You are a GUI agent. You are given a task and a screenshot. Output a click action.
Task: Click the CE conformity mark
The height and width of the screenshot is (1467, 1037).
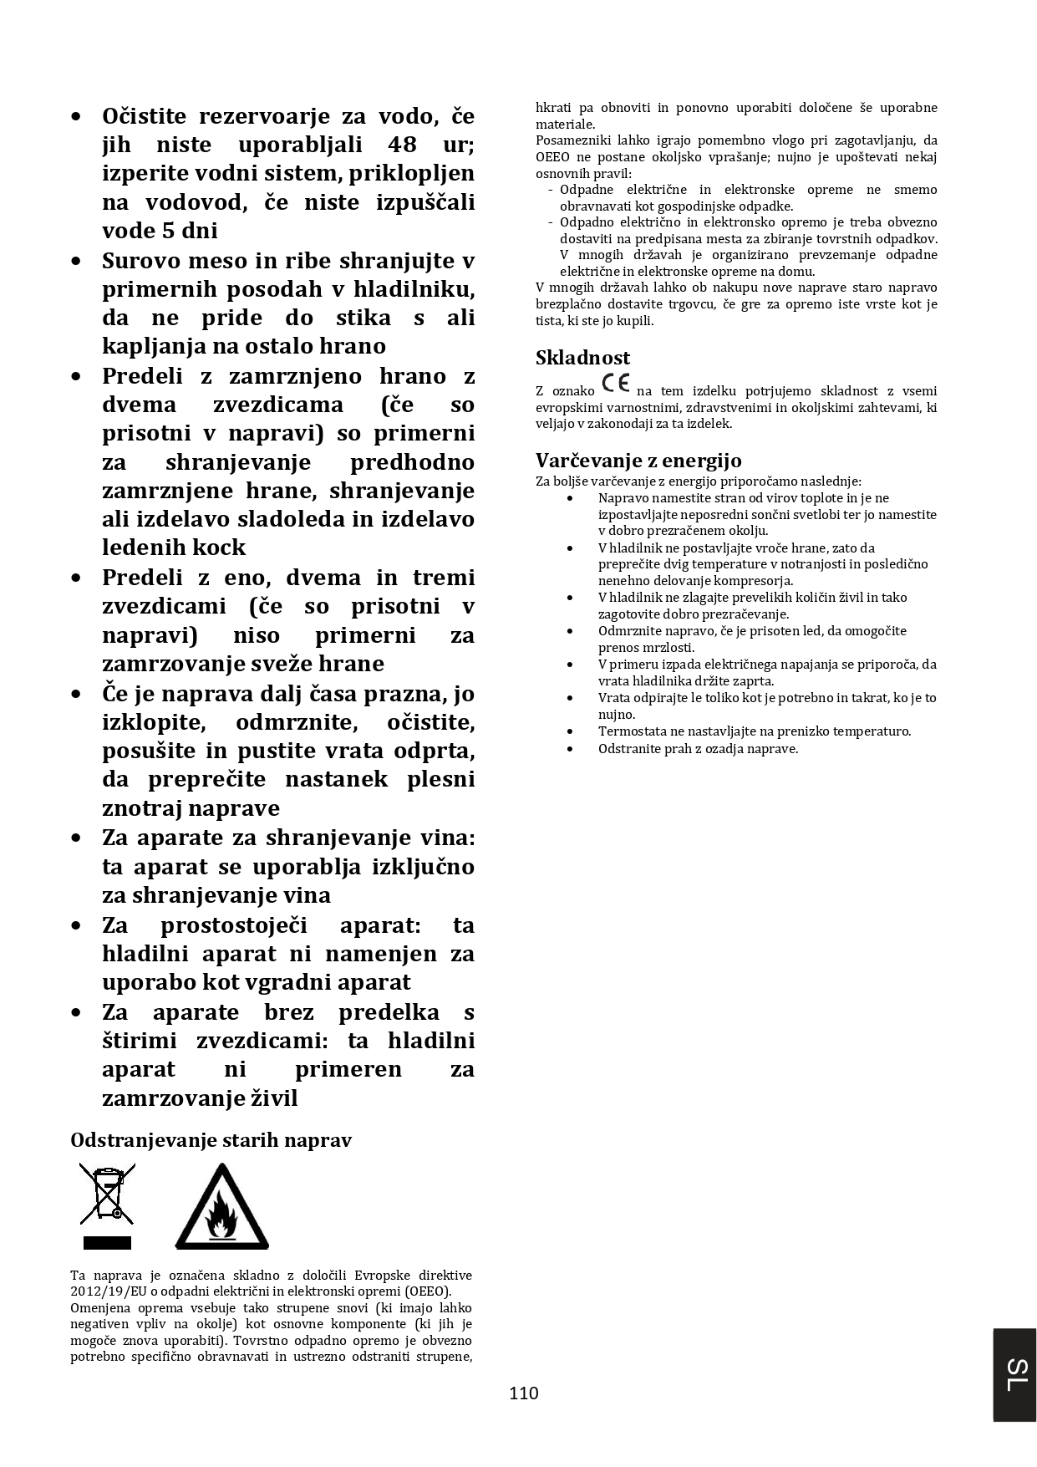coord(616,385)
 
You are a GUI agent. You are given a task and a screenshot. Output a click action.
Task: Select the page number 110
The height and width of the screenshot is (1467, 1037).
coord(524,1393)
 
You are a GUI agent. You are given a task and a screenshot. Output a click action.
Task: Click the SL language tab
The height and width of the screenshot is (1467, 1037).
coord(1015,1374)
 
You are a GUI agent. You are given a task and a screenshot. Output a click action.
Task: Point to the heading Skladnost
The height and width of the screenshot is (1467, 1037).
coord(582,358)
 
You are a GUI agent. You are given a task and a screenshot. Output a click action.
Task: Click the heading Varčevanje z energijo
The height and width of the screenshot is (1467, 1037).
coord(638,460)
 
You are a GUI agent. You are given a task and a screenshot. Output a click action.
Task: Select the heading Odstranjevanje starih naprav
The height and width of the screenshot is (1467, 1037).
coord(211,1140)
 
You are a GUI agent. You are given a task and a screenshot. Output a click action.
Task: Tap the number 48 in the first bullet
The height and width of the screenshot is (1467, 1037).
coord(402,144)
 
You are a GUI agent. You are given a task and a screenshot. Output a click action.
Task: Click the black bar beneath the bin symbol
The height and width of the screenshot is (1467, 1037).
coord(107,1242)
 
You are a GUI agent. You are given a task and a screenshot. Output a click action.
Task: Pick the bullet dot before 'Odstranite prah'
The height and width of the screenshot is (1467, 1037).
coord(570,748)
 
